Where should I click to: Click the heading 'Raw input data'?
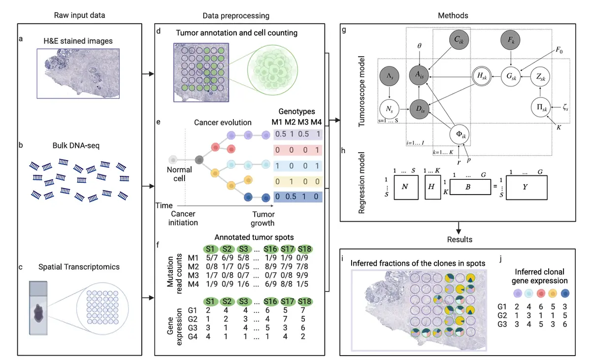79,16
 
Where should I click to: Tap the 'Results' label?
459,239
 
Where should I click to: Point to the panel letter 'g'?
343,30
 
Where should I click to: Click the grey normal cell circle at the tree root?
173,160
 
